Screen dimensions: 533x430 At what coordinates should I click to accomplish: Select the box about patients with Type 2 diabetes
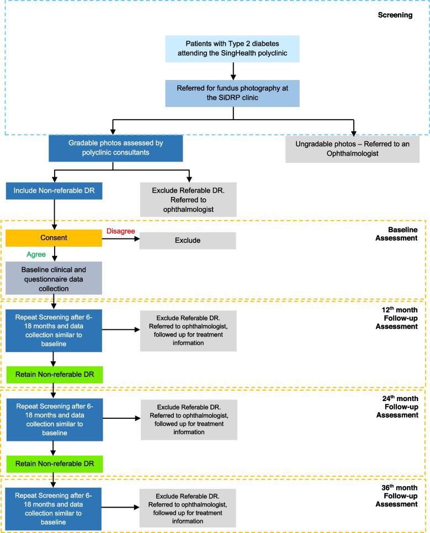pos(233,48)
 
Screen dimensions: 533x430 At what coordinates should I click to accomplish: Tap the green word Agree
pos(36,255)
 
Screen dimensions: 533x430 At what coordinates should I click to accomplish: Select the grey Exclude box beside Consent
pos(188,241)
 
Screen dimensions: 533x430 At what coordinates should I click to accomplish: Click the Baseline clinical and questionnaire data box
pos(54,278)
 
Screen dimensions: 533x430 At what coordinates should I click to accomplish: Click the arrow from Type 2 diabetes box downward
pos(233,70)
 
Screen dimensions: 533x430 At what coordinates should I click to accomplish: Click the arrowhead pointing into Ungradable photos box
pos(353,132)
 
